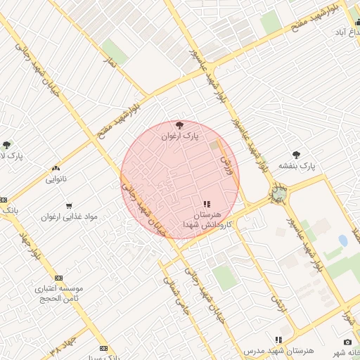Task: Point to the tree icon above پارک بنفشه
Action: coord(297,155)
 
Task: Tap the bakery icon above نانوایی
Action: coord(56,169)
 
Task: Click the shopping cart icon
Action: coord(68,206)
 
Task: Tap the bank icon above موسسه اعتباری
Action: coord(58,278)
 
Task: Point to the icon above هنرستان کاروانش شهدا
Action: coord(206,204)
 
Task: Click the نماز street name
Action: coord(109,63)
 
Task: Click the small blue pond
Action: coord(342,240)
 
